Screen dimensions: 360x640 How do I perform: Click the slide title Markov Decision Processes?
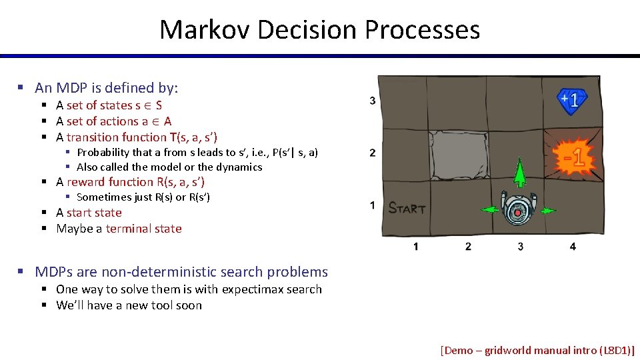pos(319,30)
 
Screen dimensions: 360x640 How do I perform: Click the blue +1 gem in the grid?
pos(571,101)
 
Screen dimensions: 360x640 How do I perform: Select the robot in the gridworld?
pos(518,209)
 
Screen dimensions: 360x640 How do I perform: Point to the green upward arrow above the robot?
pos(519,174)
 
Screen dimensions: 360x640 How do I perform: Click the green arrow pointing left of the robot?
pos(490,210)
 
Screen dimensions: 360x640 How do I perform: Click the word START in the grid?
pos(407,208)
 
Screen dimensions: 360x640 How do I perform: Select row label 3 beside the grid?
pos(372,101)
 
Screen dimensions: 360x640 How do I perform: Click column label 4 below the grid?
pos(573,247)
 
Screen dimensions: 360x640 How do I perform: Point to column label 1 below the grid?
pos(415,247)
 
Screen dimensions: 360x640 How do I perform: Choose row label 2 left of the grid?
pos(372,153)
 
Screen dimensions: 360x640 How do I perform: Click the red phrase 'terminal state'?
pos(143,229)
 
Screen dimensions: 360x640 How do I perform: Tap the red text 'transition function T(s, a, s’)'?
pos(142,137)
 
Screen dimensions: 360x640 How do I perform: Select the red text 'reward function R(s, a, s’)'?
pos(135,182)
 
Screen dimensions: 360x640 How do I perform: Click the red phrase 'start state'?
pos(94,213)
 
